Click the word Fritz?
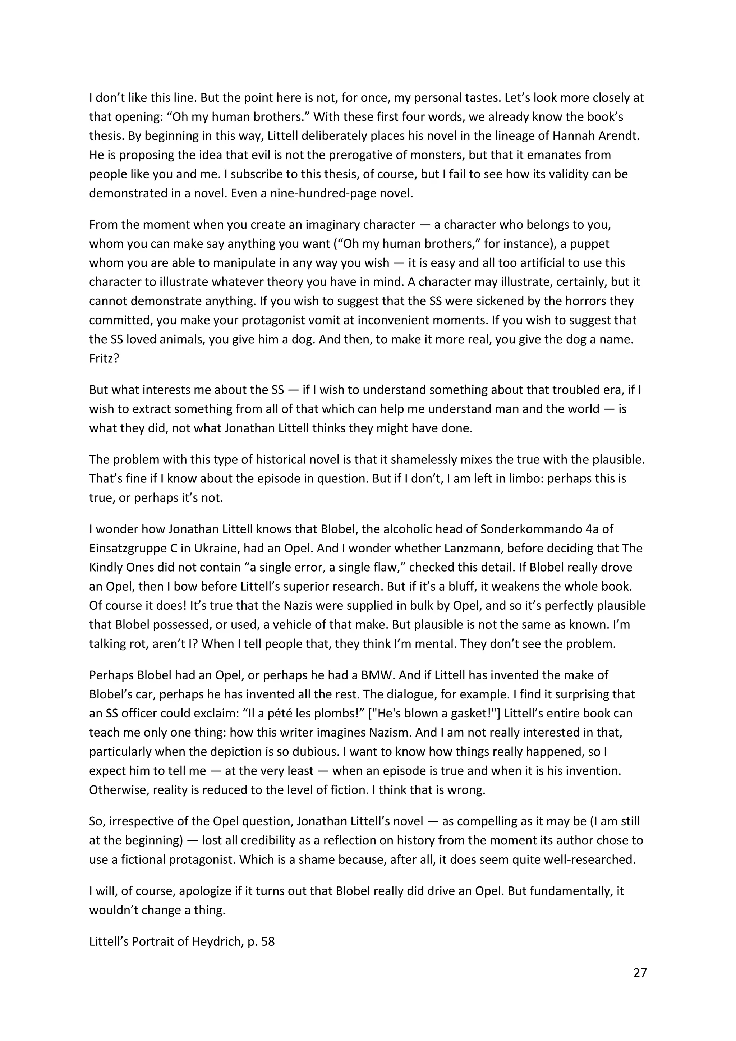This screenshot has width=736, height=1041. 104,359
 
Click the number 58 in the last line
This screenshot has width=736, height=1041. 268,941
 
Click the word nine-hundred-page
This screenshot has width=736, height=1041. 323,194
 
